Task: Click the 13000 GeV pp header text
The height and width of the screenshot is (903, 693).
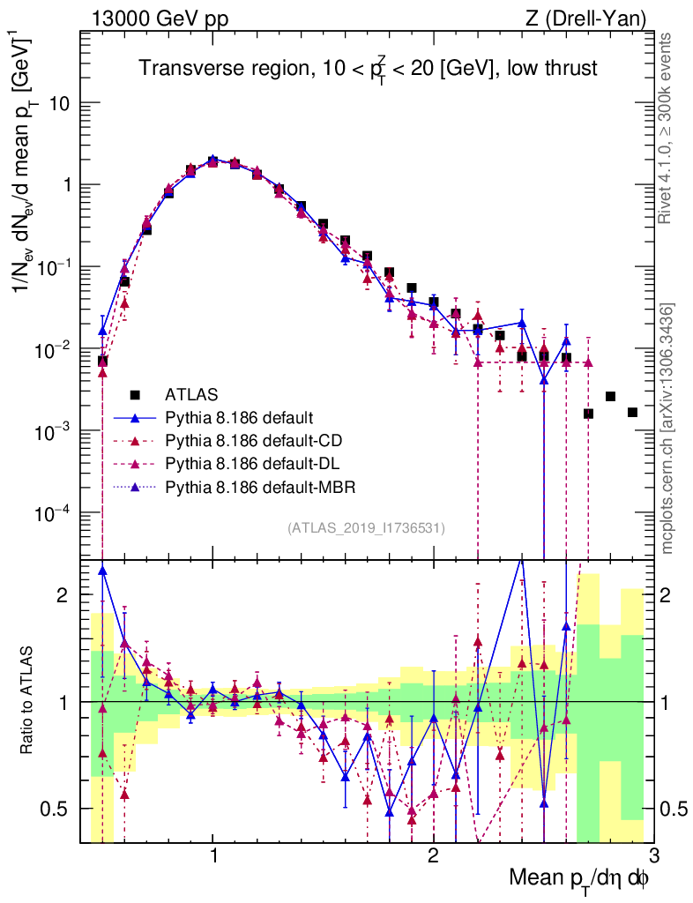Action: [x=159, y=19]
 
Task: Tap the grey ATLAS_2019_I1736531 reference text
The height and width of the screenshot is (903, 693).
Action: [x=366, y=528]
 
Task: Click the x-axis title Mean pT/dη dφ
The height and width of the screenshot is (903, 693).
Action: [x=580, y=878]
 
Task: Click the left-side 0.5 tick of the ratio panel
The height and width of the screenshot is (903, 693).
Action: [x=60, y=808]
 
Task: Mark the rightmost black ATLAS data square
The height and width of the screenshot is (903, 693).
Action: [x=632, y=413]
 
